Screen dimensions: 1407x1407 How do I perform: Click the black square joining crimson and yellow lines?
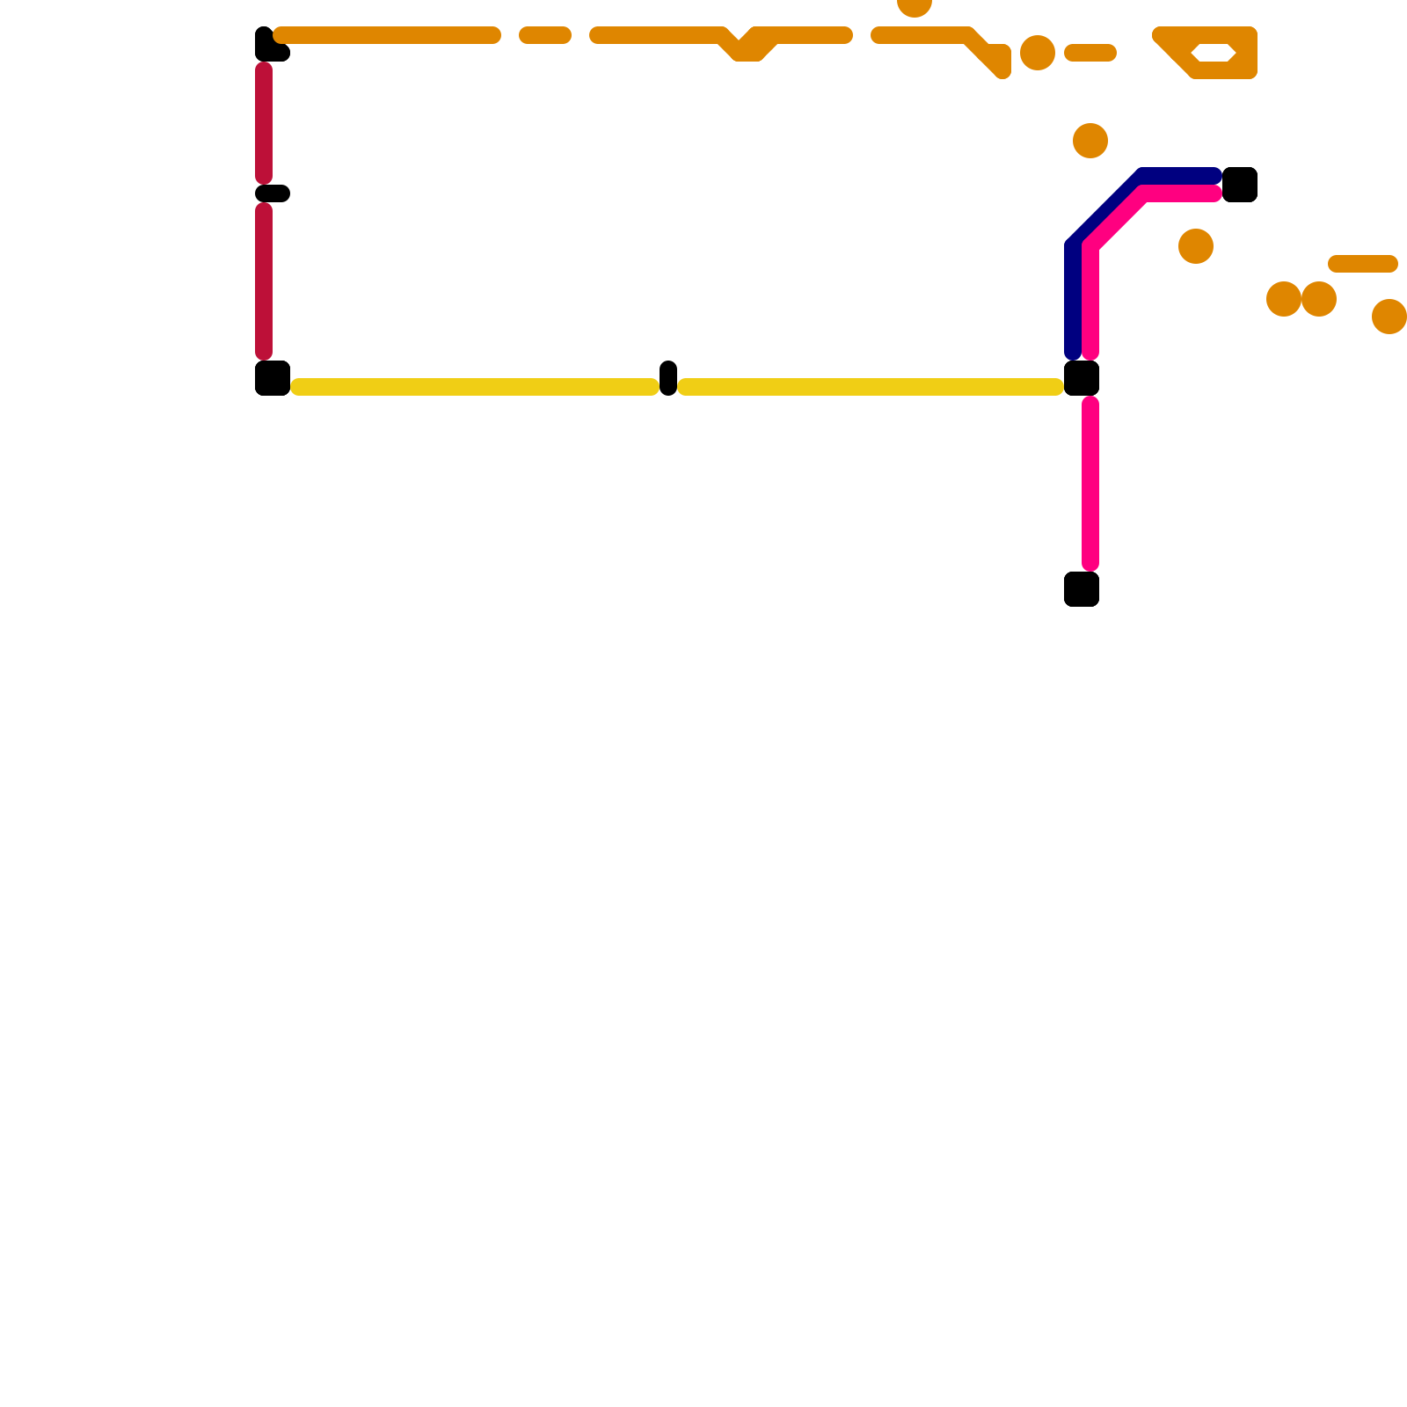pyautogui.click(x=273, y=378)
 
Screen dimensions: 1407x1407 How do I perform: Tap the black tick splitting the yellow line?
pyautogui.click(x=668, y=378)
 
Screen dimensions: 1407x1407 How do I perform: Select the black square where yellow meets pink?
pyautogui.click(x=1082, y=378)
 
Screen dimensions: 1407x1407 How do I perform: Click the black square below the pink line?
pyautogui.click(x=1082, y=589)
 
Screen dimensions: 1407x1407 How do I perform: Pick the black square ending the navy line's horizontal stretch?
pyautogui.click(x=1240, y=185)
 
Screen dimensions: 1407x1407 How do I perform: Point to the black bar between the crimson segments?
pyautogui.click(x=273, y=193)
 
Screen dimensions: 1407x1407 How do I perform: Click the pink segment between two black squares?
pyautogui.click(x=1090, y=484)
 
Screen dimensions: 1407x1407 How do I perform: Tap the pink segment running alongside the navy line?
pyautogui.click(x=1091, y=299)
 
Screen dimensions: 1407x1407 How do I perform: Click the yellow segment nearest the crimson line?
pyautogui.click(x=475, y=387)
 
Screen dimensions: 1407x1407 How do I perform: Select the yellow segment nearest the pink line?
pyautogui.click(x=871, y=387)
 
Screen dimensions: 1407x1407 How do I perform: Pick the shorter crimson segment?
pyautogui.click(x=264, y=123)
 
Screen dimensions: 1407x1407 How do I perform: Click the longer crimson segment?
pyautogui.click(x=264, y=281)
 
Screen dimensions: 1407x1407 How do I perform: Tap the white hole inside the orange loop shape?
pyautogui.click(x=1214, y=53)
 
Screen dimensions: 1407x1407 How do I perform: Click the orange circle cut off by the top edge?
pyautogui.click(x=915, y=4)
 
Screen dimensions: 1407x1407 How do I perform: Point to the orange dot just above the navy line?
pyautogui.click(x=1090, y=141)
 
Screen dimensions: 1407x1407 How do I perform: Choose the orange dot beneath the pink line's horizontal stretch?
pyautogui.click(x=1196, y=246)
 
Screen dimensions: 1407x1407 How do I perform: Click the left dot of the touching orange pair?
pyautogui.click(x=1284, y=299)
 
